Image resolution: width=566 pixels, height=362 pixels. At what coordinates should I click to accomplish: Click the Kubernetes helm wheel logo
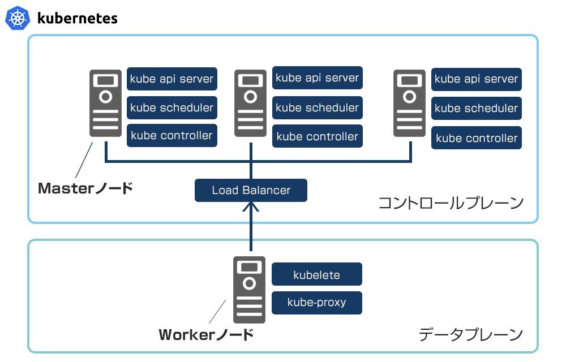(17, 18)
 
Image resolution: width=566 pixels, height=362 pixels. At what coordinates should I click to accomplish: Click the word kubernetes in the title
(77, 18)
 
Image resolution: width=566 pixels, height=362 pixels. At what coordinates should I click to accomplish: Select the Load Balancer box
(251, 191)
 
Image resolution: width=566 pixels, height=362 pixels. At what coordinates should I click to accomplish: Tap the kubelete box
(316, 275)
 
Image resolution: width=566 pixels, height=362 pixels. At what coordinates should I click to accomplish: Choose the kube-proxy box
(316, 303)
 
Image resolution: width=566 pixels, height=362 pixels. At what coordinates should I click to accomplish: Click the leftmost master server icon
(105, 103)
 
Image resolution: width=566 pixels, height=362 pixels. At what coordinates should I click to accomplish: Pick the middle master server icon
(250, 103)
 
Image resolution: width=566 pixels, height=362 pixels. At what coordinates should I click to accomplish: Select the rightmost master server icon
(409, 103)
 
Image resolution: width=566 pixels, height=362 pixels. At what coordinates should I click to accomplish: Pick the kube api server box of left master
(171, 79)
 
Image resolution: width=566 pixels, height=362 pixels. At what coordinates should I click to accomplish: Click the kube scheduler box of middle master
(317, 107)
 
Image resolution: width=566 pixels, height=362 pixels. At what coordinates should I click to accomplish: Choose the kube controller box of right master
(476, 138)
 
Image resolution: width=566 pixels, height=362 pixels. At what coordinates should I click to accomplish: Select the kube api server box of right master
(476, 80)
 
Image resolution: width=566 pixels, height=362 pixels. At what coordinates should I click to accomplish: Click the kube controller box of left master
(171, 136)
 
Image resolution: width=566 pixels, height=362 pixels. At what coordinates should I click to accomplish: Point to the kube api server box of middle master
(317, 78)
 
